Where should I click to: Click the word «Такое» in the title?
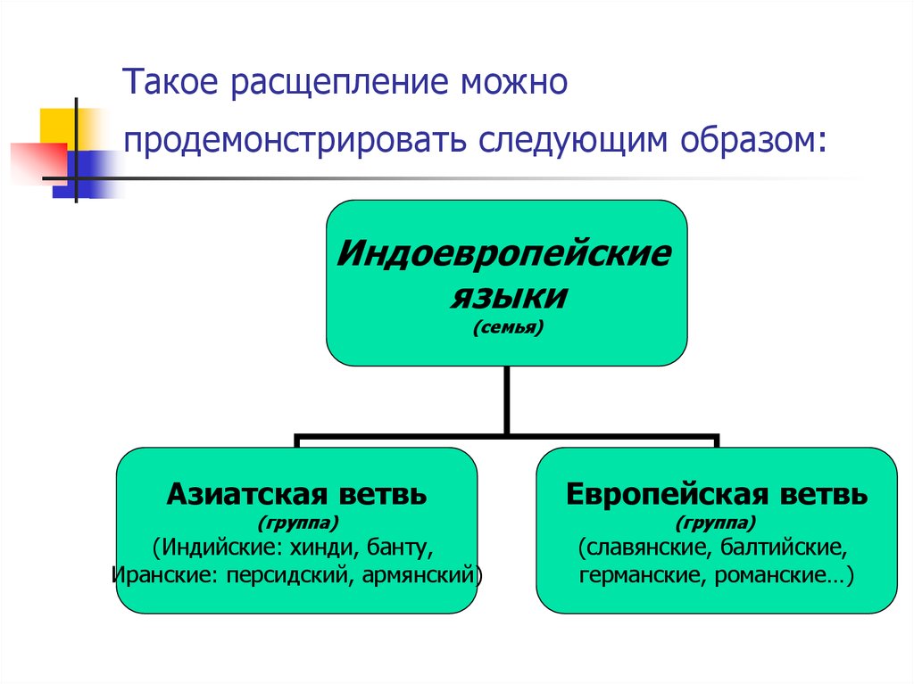170,81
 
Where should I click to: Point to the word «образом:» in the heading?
753,140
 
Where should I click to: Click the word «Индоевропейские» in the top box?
505,254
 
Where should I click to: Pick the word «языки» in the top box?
508,297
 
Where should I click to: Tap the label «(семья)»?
508,327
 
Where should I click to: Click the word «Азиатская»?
247,495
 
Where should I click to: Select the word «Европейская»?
668,495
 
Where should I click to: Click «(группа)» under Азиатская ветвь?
298,523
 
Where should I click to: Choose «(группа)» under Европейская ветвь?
717,523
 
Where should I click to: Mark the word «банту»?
400,548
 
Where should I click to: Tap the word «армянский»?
419,576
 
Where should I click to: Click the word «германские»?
643,575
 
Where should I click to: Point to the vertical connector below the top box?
507,400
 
